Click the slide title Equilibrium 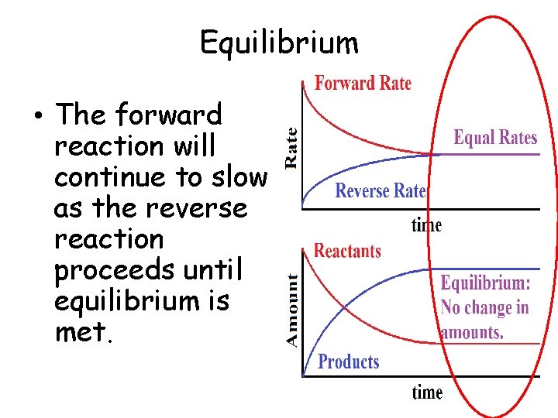click(x=279, y=43)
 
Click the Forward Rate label click(x=362, y=84)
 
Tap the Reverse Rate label click(x=381, y=191)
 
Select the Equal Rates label click(x=495, y=138)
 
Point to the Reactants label click(x=347, y=251)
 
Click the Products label click(x=349, y=361)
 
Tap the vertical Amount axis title click(x=292, y=310)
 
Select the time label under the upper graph click(x=426, y=225)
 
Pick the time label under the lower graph click(x=427, y=392)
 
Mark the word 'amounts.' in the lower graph click(x=472, y=333)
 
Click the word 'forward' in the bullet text click(x=167, y=115)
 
